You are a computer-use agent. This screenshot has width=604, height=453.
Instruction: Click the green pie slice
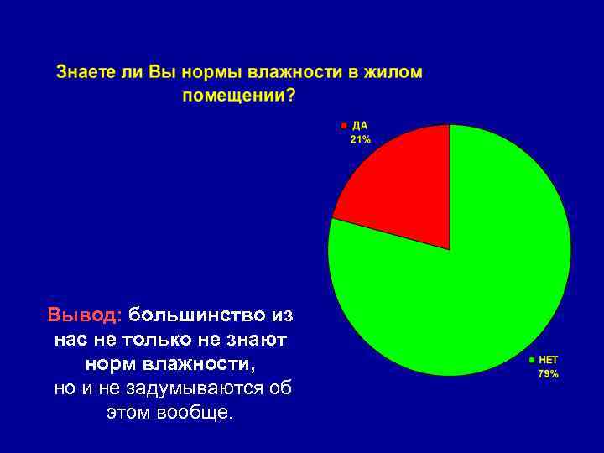point(470,285)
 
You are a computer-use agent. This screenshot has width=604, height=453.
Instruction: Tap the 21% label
point(360,140)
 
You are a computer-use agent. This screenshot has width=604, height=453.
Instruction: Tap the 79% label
point(548,374)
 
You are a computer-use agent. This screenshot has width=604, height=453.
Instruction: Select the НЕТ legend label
point(548,360)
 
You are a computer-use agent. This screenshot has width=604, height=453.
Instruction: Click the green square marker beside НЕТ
point(530,361)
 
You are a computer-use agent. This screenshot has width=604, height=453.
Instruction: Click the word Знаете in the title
point(86,72)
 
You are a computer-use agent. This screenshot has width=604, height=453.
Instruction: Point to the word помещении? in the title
point(239,96)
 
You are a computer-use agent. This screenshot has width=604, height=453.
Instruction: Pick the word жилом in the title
point(393,72)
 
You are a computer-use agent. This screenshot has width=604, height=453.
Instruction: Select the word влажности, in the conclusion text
point(201,365)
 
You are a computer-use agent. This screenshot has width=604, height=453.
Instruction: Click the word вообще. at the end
point(197,414)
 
